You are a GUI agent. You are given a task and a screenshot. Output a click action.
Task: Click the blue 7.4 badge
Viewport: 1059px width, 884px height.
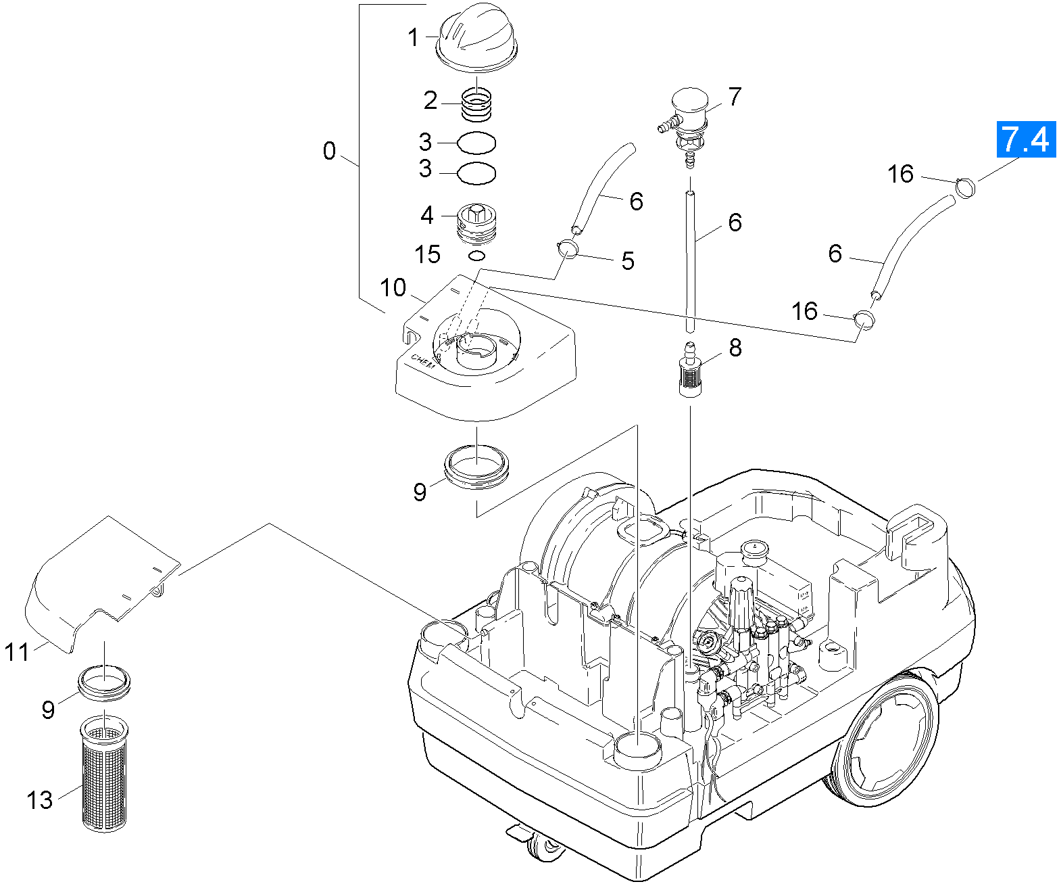(1026, 139)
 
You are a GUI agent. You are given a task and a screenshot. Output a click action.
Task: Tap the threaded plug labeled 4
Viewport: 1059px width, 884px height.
(477, 222)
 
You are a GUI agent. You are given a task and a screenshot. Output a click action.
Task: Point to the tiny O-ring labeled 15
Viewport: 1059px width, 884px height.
(477, 255)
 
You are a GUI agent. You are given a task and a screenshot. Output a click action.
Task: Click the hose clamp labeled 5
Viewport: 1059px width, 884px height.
(567, 250)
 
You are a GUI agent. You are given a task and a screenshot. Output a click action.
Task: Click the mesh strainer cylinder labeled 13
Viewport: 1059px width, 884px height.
(104, 774)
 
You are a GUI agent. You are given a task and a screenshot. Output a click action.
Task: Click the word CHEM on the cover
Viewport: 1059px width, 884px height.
(424, 361)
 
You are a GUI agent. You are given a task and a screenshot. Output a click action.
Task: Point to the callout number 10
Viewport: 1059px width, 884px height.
(393, 287)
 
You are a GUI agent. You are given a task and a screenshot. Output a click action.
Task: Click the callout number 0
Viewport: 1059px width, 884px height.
(329, 151)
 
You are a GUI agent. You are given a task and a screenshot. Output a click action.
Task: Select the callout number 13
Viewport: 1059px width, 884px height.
(40, 800)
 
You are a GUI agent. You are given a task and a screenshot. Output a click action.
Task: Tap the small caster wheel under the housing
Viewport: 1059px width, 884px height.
(544, 849)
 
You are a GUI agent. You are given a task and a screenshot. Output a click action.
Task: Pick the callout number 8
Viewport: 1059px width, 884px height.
(735, 348)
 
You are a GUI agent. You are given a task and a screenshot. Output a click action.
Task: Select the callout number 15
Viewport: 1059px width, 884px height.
(428, 255)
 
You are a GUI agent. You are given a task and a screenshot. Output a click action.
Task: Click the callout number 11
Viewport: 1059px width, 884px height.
(18, 653)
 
